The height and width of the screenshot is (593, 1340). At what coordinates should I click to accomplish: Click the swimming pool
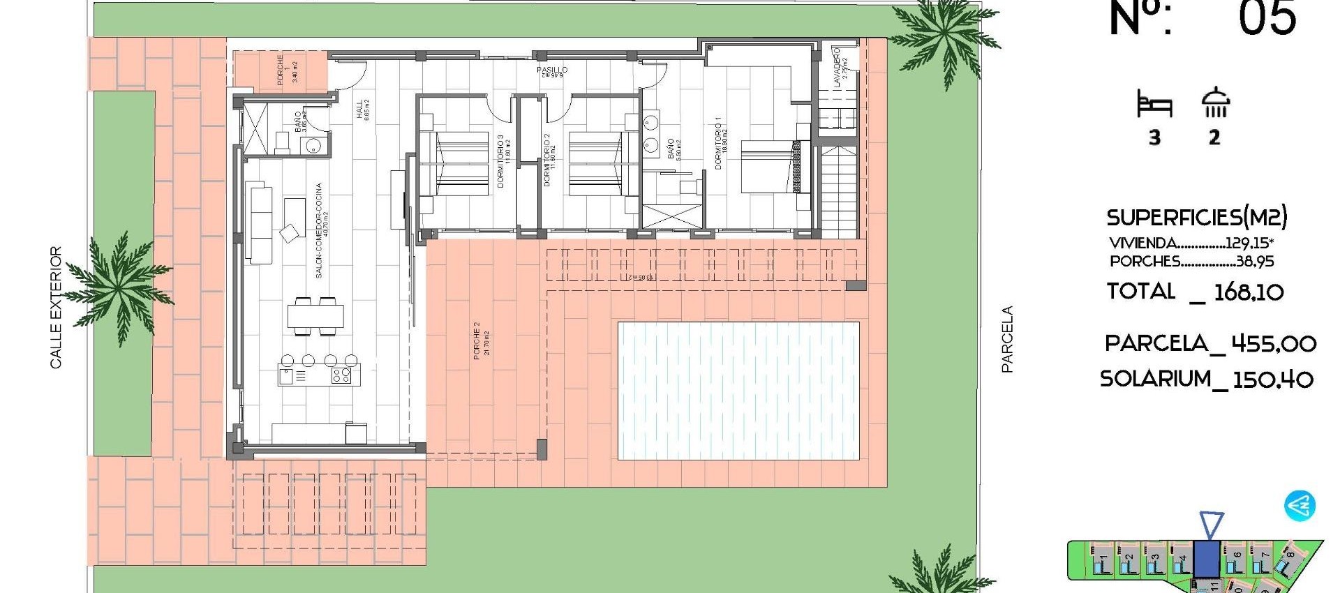738,391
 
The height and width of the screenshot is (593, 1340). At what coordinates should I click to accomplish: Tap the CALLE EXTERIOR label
56,307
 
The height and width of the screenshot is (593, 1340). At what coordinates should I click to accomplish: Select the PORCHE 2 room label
477,340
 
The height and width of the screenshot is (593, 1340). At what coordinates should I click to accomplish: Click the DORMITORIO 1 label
718,143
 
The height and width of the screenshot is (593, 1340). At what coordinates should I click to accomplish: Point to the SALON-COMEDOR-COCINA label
319,230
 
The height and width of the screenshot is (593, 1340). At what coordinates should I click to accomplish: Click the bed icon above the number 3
1154,104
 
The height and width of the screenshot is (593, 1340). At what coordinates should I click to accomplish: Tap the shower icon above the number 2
1215,103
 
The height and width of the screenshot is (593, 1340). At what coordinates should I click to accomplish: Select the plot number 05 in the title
1267,19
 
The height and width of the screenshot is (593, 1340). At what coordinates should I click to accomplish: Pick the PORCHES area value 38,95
1255,262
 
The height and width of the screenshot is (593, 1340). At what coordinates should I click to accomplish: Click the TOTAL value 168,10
1249,292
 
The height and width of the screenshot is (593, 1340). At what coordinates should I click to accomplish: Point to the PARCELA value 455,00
1274,343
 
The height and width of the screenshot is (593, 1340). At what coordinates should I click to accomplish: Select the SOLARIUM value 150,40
1273,380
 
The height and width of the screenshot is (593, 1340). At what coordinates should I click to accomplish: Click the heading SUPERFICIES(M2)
1196,218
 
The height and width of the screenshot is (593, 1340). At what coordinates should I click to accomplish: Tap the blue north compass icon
1300,506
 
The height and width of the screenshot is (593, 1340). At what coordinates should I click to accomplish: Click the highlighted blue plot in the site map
1207,560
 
